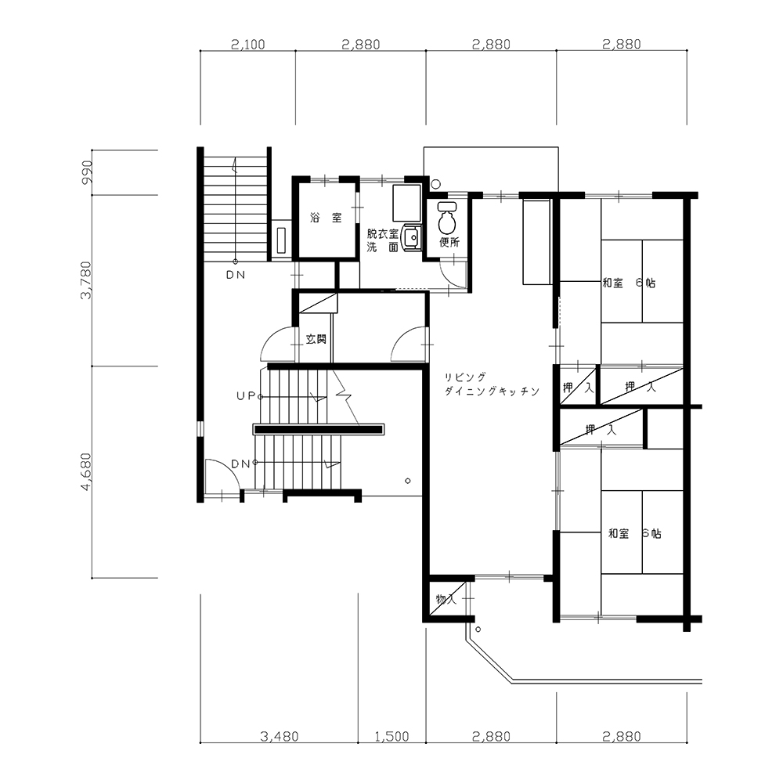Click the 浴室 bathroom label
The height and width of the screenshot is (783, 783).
[326, 218]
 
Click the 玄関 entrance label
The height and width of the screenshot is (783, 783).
[316, 339]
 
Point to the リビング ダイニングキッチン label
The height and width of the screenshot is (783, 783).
[492, 384]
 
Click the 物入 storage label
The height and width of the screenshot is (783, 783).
[446, 599]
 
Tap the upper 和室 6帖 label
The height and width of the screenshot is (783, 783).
[629, 283]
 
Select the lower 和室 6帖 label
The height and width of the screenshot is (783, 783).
[634, 533]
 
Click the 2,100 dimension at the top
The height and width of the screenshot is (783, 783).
[247, 45]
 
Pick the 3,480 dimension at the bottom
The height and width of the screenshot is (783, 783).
[280, 736]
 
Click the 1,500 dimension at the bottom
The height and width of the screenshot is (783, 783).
[391, 736]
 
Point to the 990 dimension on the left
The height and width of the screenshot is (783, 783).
[87, 171]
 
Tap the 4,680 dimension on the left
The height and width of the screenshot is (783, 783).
[87, 472]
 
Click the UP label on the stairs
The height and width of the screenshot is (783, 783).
[246, 396]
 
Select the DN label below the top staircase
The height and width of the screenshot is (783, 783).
[235, 275]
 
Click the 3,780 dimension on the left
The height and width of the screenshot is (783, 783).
[87, 280]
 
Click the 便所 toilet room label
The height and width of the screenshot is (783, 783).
[449, 242]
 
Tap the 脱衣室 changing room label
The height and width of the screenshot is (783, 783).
[383, 233]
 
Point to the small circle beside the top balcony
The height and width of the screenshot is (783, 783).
[436, 184]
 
